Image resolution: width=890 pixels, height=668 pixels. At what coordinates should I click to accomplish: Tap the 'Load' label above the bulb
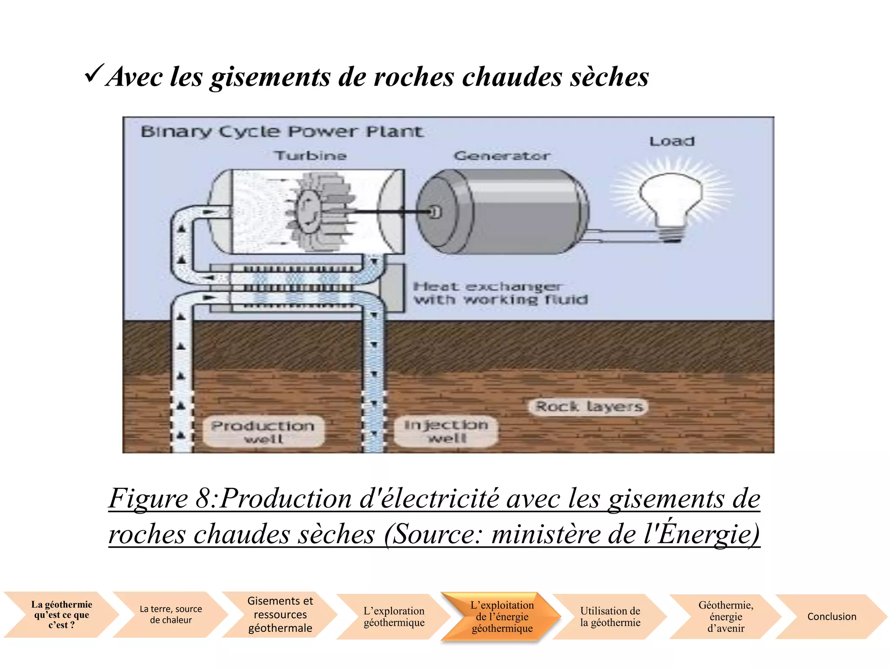point(672,141)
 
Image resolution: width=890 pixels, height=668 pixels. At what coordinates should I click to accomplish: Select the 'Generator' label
point(501,156)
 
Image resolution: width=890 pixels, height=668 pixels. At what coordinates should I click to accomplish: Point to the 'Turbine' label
point(311,156)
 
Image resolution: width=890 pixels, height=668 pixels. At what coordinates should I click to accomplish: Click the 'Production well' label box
point(263,431)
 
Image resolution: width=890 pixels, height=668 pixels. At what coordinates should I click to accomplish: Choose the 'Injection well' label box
point(446,431)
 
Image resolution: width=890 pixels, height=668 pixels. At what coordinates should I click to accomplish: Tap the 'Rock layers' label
point(588,407)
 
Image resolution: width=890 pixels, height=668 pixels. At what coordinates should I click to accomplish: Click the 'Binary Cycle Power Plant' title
point(282,131)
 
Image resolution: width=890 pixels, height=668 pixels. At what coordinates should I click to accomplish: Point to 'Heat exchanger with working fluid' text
point(500,293)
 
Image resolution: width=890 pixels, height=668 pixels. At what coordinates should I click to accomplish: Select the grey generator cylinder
point(504,212)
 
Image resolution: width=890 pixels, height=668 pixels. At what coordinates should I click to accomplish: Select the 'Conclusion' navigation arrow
point(831,616)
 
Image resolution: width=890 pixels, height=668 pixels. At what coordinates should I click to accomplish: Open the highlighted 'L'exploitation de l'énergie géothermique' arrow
point(502,616)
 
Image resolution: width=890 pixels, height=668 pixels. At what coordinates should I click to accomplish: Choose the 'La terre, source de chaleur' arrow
point(171,615)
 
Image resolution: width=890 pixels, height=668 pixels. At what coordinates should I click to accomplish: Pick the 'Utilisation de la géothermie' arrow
point(610,616)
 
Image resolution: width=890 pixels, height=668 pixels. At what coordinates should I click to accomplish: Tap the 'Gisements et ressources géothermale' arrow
point(280,615)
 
